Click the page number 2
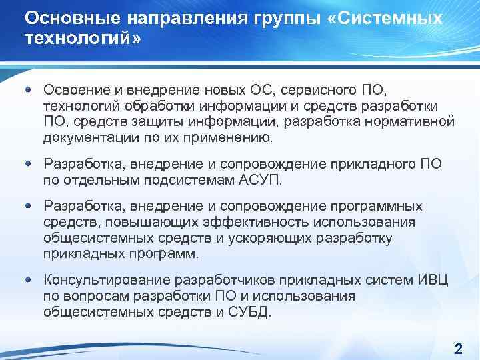[x=458, y=348]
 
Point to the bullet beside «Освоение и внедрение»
[x=29, y=89]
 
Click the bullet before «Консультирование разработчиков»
[x=29, y=280]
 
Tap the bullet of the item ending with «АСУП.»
[x=29, y=163]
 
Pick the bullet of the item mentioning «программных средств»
[x=29, y=206]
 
